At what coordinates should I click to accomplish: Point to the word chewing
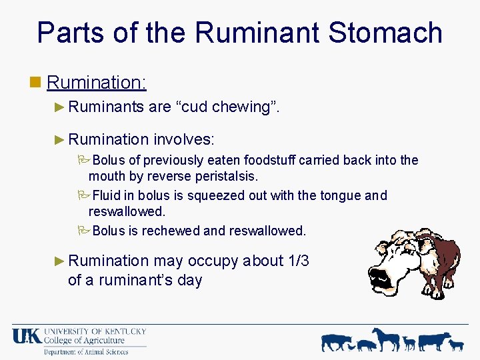pyautogui.click(x=239, y=106)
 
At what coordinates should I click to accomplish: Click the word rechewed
pyautogui.click(x=171, y=231)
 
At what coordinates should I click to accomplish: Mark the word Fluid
pyautogui.click(x=107, y=195)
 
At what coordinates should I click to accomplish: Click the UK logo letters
pyautogui.click(x=27, y=336)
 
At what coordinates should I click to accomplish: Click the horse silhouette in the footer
pyautogui.click(x=387, y=339)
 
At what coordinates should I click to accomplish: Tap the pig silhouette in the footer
pyautogui.click(x=367, y=345)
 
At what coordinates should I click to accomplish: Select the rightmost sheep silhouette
pyautogui.click(x=456, y=344)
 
